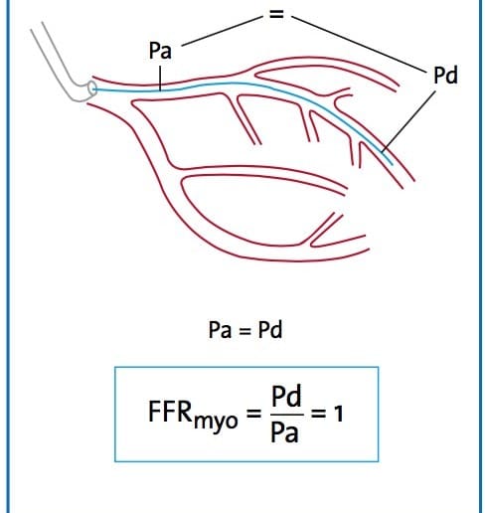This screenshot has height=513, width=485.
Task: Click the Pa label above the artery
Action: [160, 51]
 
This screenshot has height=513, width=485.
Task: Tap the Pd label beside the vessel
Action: [445, 75]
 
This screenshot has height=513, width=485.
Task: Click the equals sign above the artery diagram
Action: [276, 14]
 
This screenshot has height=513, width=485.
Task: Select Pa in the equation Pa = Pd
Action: [220, 330]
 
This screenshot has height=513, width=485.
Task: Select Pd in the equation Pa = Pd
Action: [270, 330]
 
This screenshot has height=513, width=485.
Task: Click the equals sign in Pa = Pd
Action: [244, 330]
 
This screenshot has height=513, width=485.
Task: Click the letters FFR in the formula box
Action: [170, 412]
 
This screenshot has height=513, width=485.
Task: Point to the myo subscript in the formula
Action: [216, 422]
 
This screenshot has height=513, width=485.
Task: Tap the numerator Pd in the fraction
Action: [286, 396]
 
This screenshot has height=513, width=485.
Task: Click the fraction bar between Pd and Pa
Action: [287, 415]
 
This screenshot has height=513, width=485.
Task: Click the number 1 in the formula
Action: [338, 414]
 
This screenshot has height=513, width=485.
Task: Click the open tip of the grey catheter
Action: [91, 89]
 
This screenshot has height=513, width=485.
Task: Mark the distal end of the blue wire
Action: [393, 164]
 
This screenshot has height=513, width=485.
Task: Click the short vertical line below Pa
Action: [160, 79]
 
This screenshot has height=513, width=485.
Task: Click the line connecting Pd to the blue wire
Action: [408, 122]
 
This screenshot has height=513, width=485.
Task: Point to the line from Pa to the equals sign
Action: [222, 31]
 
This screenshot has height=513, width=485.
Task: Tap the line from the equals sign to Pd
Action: [359, 44]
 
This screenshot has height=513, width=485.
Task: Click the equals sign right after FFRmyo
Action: [254, 414]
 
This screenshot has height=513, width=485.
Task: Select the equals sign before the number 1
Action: [318, 414]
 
